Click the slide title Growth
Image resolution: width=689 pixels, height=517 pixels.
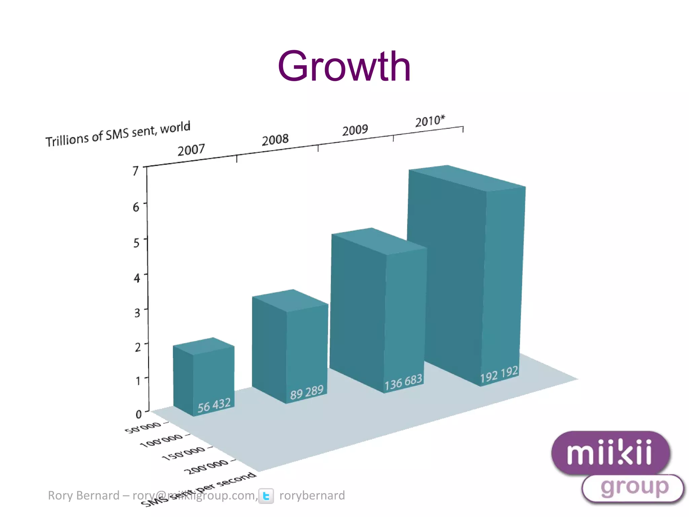[x=344, y=66]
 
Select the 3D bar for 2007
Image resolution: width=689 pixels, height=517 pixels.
[x=204, y=377]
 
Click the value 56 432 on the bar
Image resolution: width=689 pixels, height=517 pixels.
[x=214, y=405]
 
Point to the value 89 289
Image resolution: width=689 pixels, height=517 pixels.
[x=306, y=392]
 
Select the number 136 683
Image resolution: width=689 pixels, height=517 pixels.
[x=403, y=382]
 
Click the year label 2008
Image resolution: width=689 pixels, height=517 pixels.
[x=275, y=140]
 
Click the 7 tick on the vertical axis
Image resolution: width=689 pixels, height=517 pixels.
[x=136, y=171]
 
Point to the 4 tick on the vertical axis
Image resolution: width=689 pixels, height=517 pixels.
[x=137, y=278]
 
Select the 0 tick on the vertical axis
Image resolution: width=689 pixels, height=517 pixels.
[x=139, y=414]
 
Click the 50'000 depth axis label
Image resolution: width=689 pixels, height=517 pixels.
[x=143, y=428]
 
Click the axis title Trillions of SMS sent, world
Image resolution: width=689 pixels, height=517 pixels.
[x=118, y=134]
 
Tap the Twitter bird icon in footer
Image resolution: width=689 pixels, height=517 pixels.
[x=266, y=496]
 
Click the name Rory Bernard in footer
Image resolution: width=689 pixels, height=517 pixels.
[x=83, y=495]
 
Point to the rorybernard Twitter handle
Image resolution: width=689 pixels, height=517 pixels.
[x=312, y=495]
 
